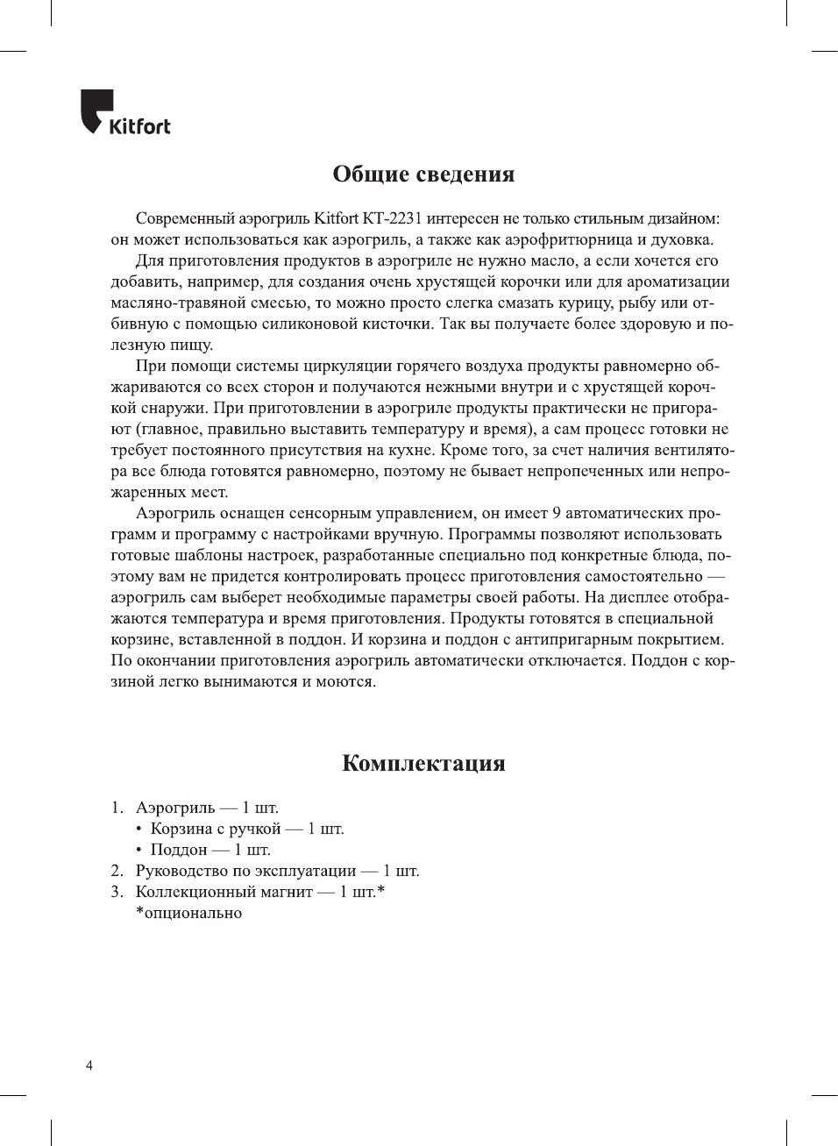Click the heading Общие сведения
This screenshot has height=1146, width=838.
click(x=423, y=174)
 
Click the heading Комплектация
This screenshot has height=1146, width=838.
click(x=423, y=763)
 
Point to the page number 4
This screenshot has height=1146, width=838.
click(x=89, y=1065)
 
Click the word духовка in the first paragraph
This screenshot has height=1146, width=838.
click(x=684, y=239)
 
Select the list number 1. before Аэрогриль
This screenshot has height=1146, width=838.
click(x=117, y=808)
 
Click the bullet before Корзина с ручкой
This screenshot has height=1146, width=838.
click(x=138, y=829)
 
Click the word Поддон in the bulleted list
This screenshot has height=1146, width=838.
click(x=178, y=850)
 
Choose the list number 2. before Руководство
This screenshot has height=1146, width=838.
click(x=117, y=871)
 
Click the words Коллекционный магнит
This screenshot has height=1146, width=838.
click(x=224, y=892)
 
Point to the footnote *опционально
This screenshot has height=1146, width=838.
click(x=188, y=913)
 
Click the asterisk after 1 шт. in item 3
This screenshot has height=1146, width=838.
click(x=381, y=890)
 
